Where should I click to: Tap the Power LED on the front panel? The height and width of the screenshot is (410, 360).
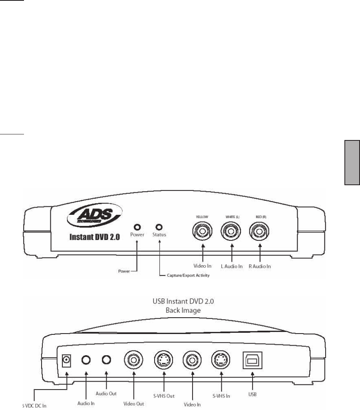[x=137, y=227]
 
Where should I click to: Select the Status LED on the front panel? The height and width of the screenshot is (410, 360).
[x=159, y=227]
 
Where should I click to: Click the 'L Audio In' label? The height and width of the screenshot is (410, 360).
[x=231, y=266]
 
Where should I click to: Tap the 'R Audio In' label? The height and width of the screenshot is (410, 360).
[x=259, y=266]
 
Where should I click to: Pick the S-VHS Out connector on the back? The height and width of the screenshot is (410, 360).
[x=163, y=360]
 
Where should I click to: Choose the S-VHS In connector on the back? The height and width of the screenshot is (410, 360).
[x=221, y=360]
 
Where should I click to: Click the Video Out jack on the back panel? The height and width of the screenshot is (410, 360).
[x=133, y=360]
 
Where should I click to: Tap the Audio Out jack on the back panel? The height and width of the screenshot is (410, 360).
[x=106, y=360]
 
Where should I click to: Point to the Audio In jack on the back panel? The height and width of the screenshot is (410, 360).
[x=86, y=360]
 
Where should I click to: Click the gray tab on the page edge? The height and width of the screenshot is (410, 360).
[x=351, y=162]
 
